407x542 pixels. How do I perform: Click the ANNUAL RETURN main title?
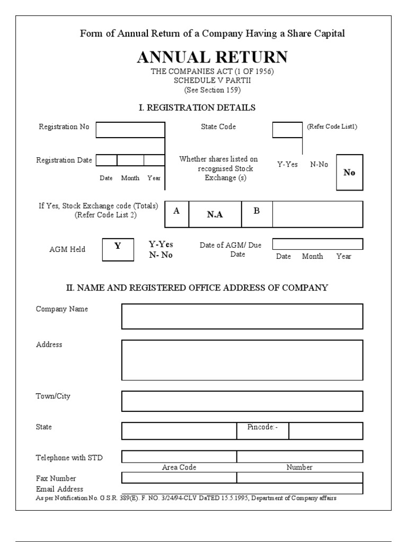click(x=212, y=57)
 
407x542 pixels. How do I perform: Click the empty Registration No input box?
click(x=130, y=130)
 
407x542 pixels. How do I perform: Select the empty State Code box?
click(x=287, y=130)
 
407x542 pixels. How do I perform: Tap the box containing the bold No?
click(x=349, y=173)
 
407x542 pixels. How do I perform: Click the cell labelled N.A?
click(x=215, y=214)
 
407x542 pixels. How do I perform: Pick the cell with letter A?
click(x=176, y=211)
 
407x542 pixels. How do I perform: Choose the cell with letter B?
click(x=256, y=211)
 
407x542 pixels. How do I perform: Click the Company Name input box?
click(x=242, y=317)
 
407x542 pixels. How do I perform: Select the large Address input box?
click(x=242, y=360)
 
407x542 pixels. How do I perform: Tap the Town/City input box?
click(x=242, y=401)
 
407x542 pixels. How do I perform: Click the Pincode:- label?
click(x=262, y=427)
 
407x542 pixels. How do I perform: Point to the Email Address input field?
click(x=242, y=489)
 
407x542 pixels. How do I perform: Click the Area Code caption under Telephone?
click(x=179, y=467)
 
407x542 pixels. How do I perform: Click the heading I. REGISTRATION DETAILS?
click(x=197, y=108)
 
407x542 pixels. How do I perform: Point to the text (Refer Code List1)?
click(x=332, y=127)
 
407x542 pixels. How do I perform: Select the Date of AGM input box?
click(x=317, y=244)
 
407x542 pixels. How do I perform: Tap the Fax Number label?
click(x=56, y=478)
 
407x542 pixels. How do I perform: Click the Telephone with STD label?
click(x=69, y=458)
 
